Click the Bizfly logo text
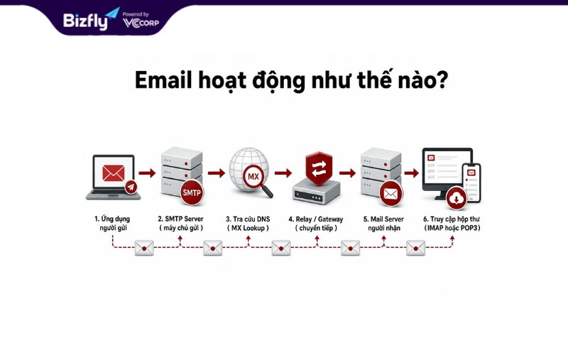click(86, 21)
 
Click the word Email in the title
click(163, 80)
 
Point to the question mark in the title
click(442, 80)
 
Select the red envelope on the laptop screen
click(114, 173)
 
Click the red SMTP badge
click(192, 192)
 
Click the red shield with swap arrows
click(319, 168)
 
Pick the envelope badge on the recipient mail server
click(391, 194)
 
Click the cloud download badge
click(457, 198)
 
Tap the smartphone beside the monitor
click(471, 182)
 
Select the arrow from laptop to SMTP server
click(147, 173)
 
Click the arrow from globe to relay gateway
click(283, 173)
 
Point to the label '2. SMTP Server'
click(180, 219)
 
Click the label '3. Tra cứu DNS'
click(248, 219)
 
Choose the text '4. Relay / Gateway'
click(316, 219)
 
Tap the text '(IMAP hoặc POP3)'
click(452, 228)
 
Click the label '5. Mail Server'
click(383, 219)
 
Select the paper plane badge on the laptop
click(131, 187)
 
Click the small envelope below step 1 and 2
click(144, 248)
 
